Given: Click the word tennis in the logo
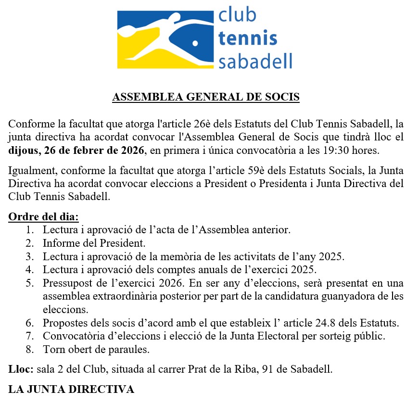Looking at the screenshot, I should (x=247, y=38).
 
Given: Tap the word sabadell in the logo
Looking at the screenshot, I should (x=255, y=61).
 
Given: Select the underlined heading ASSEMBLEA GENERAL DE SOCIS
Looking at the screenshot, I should (x=206, y=97).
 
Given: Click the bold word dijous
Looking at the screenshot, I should (x=24, y=150).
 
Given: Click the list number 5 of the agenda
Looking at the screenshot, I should (x=30, y=282).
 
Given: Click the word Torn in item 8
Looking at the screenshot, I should (x=53, y=349).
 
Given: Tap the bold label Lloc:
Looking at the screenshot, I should (x=21, y=370).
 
